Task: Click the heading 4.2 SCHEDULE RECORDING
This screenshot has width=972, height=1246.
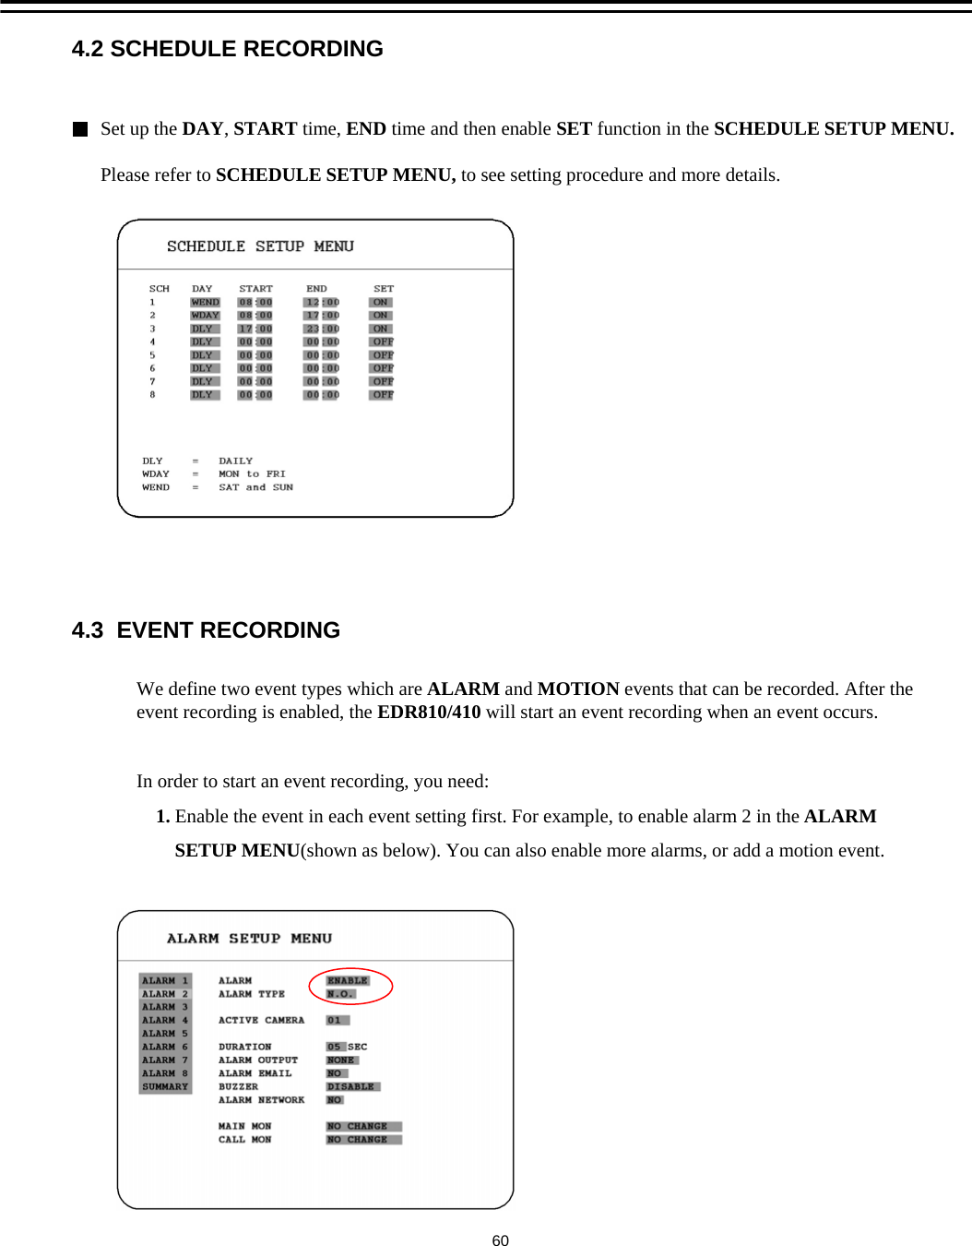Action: (227, 49)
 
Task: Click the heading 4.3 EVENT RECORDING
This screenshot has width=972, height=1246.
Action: (206, 630)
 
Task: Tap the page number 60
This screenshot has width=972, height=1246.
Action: (500, 1240)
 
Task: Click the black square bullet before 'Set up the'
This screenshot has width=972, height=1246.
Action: (80, 129)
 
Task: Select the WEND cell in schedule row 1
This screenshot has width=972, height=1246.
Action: (205, 303)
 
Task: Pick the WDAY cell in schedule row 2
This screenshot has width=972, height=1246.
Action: (205, 316)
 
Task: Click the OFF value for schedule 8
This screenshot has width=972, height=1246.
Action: (382, 395)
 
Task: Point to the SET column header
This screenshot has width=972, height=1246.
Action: (384, 289)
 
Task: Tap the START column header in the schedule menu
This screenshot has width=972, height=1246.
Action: (255, 289)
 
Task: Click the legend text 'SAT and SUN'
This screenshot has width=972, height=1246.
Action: (255, 487)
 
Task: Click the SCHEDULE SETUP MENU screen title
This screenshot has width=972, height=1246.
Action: (260, 246)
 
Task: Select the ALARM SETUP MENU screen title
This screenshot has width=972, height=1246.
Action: (249, 939)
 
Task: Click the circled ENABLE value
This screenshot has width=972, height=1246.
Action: (348, 981)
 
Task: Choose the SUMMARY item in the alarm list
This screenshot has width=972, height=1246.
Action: (165, 1087)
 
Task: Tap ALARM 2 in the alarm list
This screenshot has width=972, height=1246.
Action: (165, 994)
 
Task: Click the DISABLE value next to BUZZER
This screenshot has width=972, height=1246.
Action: (351, 1087)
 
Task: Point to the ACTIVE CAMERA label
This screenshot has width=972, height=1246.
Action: (261, 1021)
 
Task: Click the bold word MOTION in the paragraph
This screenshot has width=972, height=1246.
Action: (578, 689)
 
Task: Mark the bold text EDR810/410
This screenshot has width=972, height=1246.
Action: (429, 713)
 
